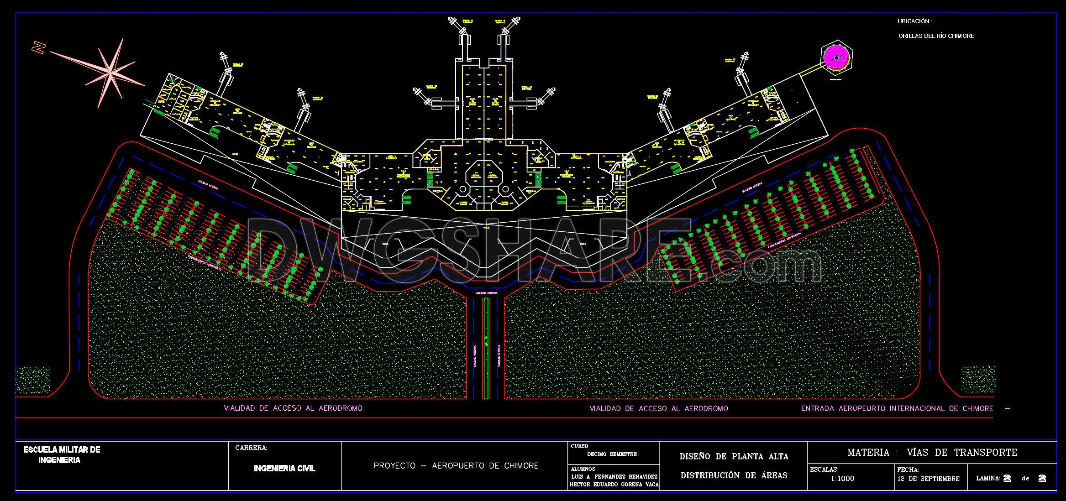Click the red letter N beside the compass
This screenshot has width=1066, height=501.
pos(39,47)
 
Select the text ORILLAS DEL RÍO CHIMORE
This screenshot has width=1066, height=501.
pos(936,36)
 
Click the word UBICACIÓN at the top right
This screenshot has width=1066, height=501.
pos(914,21)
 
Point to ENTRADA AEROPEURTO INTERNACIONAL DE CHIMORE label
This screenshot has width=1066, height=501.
pos(897,408)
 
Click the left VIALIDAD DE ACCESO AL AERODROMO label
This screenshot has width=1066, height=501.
pos(293,408)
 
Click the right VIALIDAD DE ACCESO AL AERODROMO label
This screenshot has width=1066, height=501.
pos(659,409)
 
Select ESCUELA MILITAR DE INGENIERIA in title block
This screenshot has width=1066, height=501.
pos(62,455)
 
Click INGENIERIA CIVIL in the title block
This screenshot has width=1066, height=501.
pos(284,469)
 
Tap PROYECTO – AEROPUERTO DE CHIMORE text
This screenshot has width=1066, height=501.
pos(456,466)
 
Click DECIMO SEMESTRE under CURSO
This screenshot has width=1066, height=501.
pos(612,454)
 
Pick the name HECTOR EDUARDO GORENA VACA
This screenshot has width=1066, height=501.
pos(614,485)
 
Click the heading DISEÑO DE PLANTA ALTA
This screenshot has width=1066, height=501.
pos(734,456)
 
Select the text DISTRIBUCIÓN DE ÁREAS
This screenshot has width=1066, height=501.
pos(734,475)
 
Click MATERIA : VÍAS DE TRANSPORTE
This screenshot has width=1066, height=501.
pos(932,453)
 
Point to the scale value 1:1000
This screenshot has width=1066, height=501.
pos(842,479)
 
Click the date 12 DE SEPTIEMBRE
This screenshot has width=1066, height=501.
pos(928,479)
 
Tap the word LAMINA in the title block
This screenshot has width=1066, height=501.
pos(988,479)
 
